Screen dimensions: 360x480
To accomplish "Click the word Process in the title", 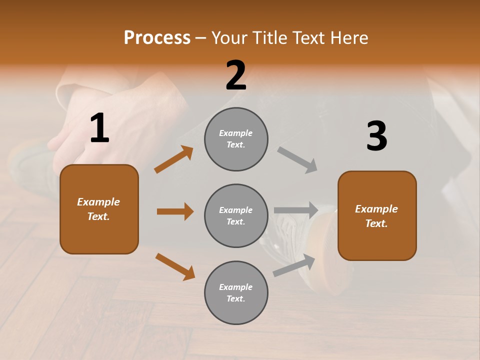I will (157, 38).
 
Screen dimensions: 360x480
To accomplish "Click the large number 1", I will (99, 128).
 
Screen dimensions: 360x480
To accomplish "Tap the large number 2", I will (236, 75).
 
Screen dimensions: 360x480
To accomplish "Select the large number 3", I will (376, 136).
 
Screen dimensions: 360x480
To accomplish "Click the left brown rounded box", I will (99, 209).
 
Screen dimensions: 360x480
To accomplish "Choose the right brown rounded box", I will (377, 215).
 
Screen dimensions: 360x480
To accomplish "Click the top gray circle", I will (236, 139).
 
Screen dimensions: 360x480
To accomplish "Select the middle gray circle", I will (236, 215).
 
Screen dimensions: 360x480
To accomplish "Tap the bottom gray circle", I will (236, 292).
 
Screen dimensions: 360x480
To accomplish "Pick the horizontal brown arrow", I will (175, 211).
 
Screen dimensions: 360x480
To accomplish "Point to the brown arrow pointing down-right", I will (175, 266).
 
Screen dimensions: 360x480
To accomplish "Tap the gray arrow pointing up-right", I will (294, 265).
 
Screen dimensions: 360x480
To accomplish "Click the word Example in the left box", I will (98, 202).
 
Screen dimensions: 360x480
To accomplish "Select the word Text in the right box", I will (376, 223).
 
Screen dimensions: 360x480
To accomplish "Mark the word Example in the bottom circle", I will (235, 287).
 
